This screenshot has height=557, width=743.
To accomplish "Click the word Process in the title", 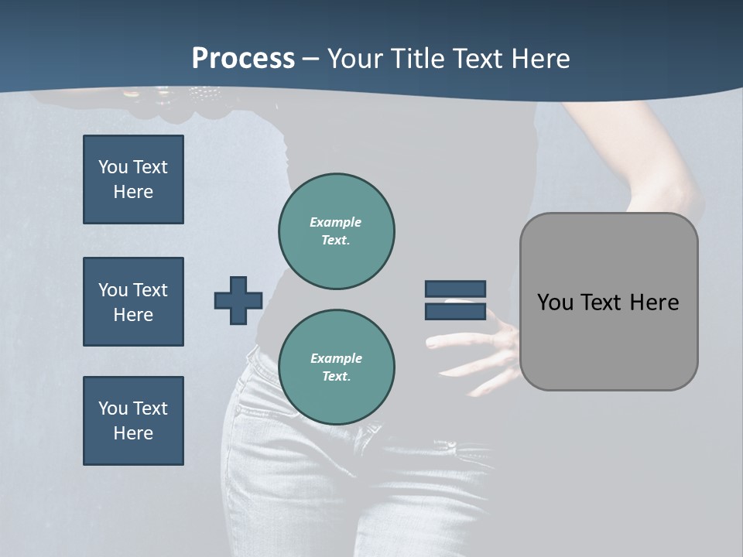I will click(x=243, y=59).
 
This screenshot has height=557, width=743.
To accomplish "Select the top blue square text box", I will click(x=133, y=179).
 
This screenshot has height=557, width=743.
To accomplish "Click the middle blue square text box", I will click(x=133, y=302).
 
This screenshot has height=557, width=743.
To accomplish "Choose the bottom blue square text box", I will click(x=133, y=421).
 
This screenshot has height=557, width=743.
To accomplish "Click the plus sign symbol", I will click(x=238, y=300).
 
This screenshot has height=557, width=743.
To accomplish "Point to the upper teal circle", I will click(x=337, y=231).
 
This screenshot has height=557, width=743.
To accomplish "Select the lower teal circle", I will click(x=337, y=367).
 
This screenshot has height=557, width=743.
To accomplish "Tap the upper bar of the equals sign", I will click(x=455, y=289).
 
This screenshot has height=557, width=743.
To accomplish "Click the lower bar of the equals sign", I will click(x=455, y=312).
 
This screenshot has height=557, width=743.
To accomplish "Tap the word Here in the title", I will click(x=539, y=59).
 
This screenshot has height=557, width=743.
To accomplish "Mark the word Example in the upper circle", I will click(x=335, y=222).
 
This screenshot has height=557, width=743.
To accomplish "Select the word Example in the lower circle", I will click(x=336, y=358).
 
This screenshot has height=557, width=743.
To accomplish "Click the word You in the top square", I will click(x=111, y=167).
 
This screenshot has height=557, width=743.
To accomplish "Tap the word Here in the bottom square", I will click(x=133, y=433).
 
